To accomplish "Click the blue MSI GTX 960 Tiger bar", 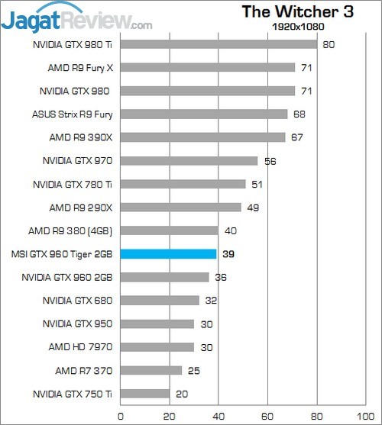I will (x=169, y=254).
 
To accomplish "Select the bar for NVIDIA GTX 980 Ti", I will (x=219, y=44).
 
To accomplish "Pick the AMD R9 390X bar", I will (x=202, y=137).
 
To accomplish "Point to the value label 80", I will (x=328, y=44).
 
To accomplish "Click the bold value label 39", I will (x=228, y=254).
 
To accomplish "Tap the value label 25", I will (x=193, y=371).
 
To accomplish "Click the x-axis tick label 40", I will (x=219, y=417).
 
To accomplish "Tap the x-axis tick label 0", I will (x=121, y=417).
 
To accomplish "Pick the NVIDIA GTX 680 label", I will (x=78, y=301).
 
